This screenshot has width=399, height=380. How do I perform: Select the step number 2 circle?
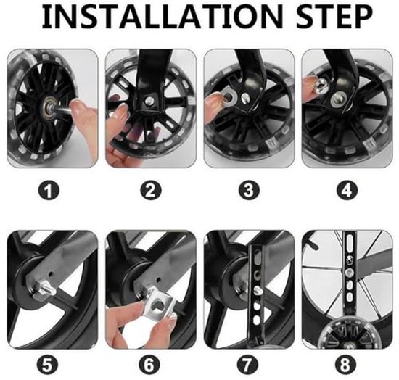pyautogui.click(x=150, y=191)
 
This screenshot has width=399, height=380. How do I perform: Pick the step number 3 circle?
pyautogui.click(x=248, y=191)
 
